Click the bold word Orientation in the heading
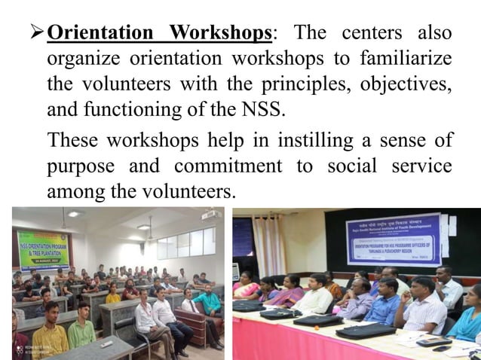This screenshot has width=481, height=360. coord(100,34)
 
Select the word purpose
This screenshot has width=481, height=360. coord(79,166)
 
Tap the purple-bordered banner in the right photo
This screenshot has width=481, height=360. coord(393,239)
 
